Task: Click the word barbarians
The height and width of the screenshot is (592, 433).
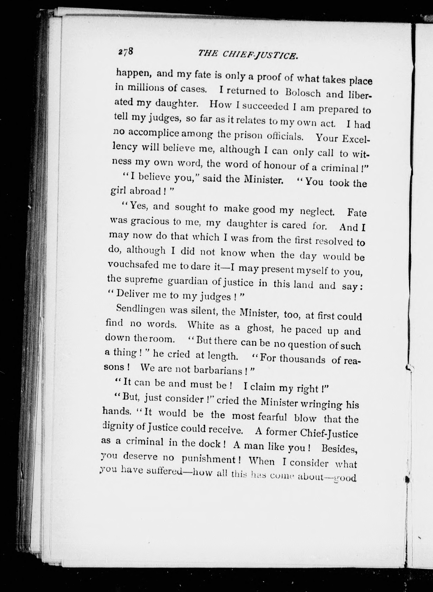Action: click(219, 370)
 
